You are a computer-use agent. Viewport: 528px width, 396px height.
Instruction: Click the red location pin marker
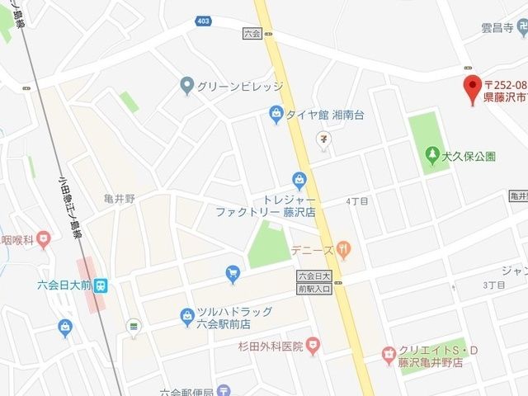point(472,87)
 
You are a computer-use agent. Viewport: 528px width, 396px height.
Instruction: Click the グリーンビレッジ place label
point(239,86)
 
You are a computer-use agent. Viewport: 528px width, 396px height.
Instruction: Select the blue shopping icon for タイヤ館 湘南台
point(276,115)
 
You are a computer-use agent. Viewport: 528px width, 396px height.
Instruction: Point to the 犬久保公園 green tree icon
point(431,154)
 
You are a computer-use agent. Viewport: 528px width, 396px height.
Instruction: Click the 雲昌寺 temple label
point(497,27)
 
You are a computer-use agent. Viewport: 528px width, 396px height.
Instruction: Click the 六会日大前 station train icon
point(100,285)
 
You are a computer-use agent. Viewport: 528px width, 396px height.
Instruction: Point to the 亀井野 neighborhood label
point(119,197)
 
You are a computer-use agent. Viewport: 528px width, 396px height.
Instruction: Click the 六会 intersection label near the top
point(252,34)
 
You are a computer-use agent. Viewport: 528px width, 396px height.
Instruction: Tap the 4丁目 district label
point(357,200)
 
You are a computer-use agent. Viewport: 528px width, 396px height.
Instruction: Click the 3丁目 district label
point(493,285)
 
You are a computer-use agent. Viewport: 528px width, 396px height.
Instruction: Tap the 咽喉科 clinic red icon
point(42,240)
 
